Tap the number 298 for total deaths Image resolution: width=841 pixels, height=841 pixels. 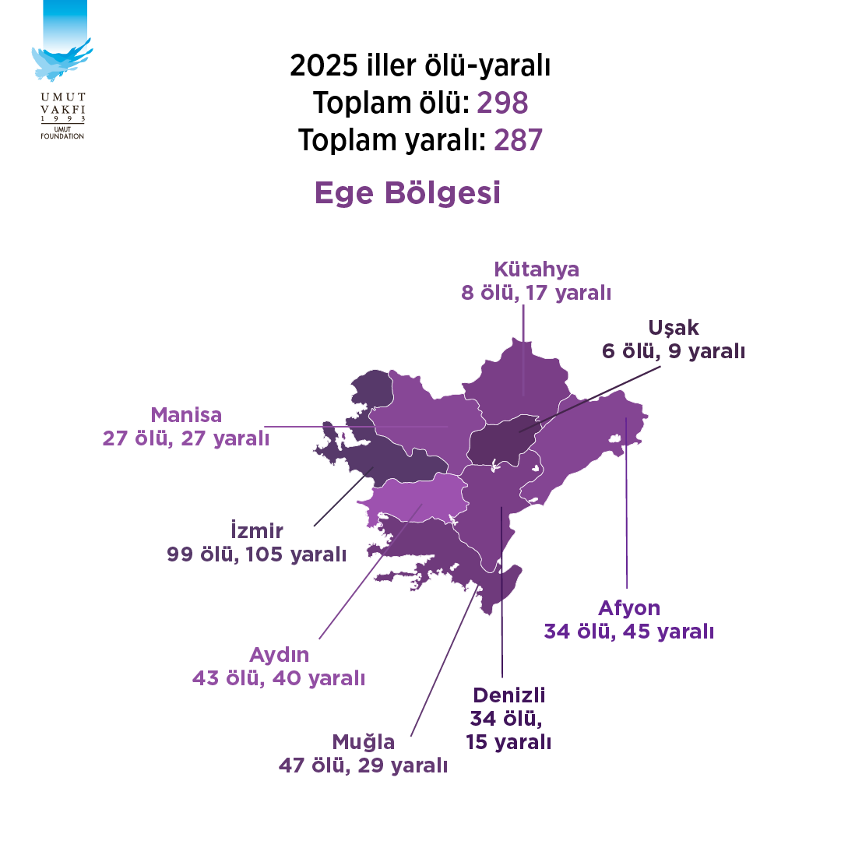click(x=502, y=102)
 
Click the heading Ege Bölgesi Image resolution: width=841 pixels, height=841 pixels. click(x=407, y=193)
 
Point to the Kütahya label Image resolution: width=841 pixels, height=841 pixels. click(x=537, y=269)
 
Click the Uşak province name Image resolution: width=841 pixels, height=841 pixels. click(x=673, y=328)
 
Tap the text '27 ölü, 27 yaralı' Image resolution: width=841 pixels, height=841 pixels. click(x=186, y=438)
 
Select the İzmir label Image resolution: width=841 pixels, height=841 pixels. click(x=257, y=531)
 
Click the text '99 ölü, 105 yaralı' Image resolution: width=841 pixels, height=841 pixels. click(x=256, y=554)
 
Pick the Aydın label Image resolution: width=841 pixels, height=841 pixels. click(x=279, y=654)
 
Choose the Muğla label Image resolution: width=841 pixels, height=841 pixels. click(x=364, y=741)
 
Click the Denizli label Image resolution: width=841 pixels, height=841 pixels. click(x=509, y=695)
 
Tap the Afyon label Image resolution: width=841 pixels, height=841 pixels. click(x=629, y=608)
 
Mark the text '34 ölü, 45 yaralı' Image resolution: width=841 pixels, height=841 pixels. click(x=629, y=632)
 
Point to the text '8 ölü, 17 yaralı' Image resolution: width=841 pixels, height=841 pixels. click(x=537, y=294)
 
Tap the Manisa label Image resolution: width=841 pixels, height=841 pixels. click(x=186, y=414)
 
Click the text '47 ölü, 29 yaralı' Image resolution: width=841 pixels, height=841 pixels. click(x=364, y=765)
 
